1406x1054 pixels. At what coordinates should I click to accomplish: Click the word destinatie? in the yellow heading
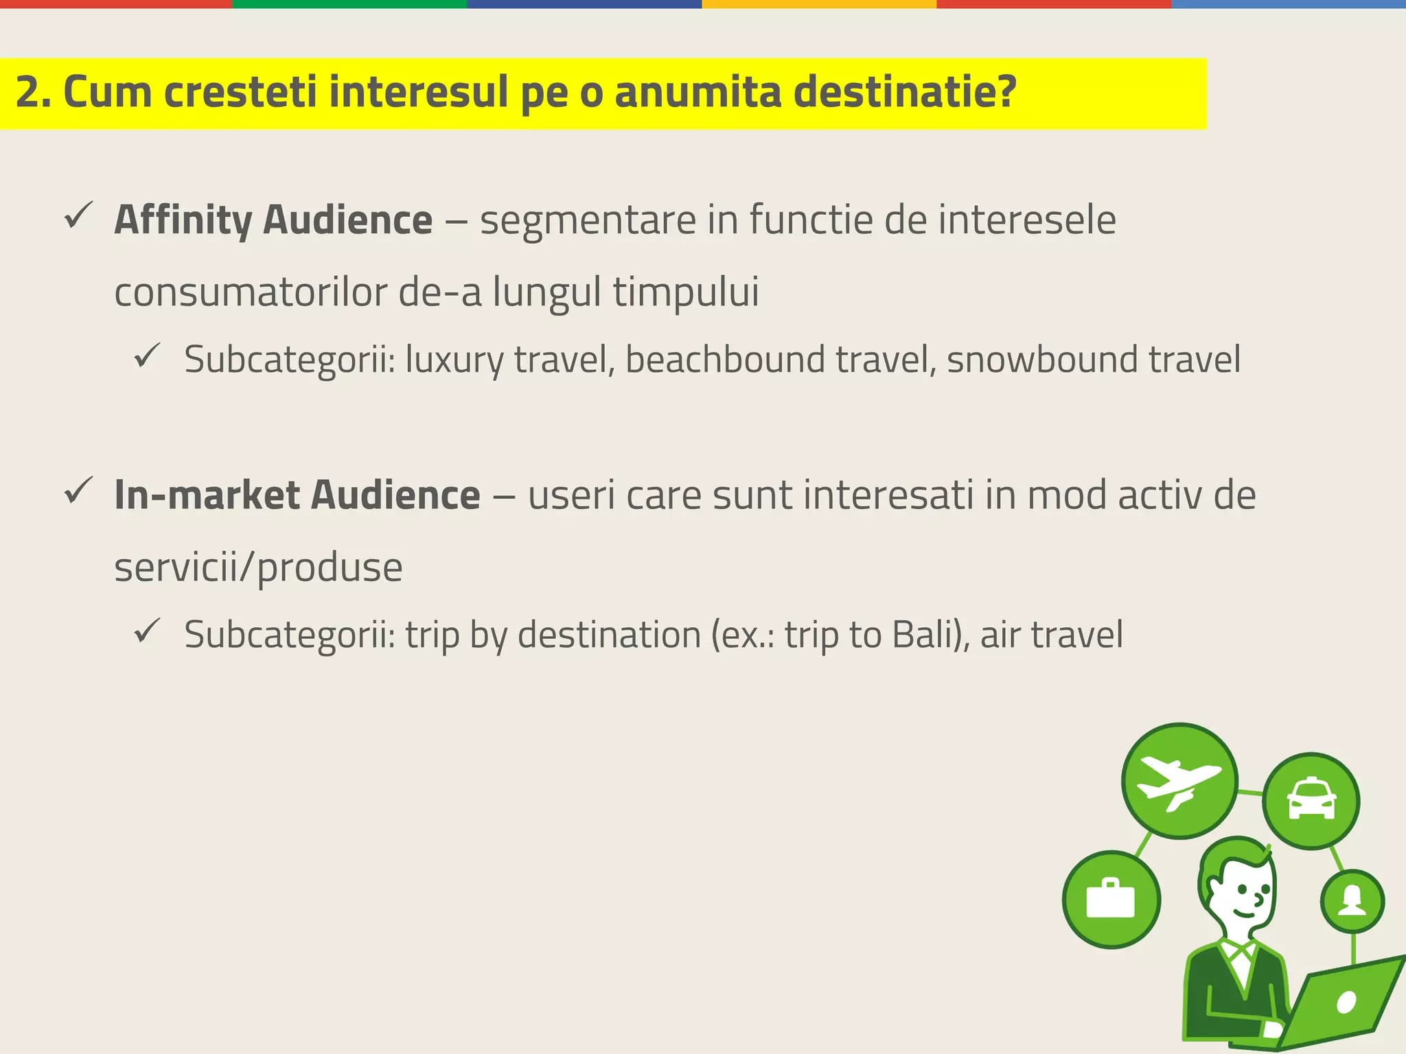(x=904, y=93)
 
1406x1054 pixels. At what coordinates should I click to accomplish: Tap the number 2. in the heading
(x=33, y=93)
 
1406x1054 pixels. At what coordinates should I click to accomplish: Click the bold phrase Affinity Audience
(x=273, y=220)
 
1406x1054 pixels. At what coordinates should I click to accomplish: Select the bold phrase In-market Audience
(x=297, y=495)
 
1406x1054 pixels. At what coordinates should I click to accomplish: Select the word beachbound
(x=724, y=360)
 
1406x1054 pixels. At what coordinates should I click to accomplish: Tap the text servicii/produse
(x=258, y=568)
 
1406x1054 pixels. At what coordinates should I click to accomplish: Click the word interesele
(x=1026, y=220)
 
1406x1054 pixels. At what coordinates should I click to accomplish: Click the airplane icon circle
(x=1179, y=781)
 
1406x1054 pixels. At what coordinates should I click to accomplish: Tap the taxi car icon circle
(x=1311, y=801)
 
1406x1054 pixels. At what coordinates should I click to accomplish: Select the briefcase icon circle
(x=1111, y=900)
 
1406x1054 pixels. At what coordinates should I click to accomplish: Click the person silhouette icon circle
(x=1352, y=901)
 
